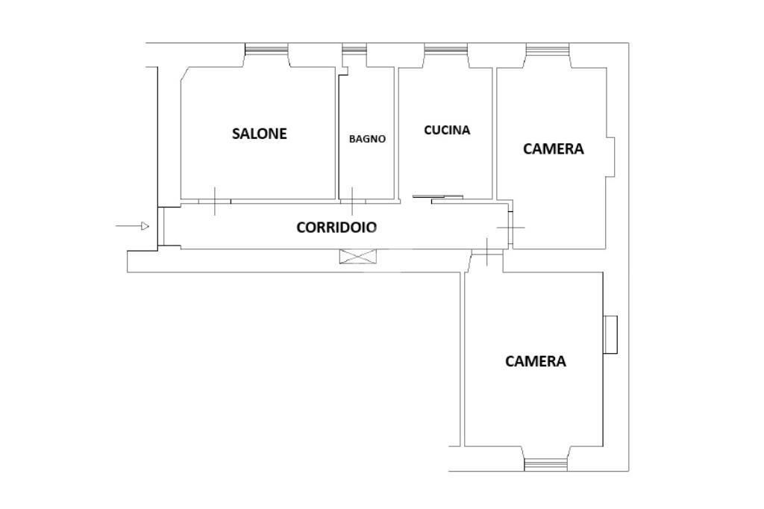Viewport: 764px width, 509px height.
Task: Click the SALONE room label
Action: tap(259, 134)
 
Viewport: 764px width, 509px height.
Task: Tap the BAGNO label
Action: tap(367, 139)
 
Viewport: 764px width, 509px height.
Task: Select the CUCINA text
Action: tap(447, 130)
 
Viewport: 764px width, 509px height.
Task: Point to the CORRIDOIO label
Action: tap(336, 227)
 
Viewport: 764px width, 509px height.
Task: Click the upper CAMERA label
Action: tap(553, 149)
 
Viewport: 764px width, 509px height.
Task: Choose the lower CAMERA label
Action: tap(536, 361)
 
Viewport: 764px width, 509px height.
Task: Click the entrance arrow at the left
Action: tap(132, 226)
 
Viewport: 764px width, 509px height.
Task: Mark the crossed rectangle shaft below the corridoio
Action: tap(358, 257)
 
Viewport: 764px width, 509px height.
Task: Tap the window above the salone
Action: tap(266, 49)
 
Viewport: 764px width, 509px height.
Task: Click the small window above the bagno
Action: tap(354, 49)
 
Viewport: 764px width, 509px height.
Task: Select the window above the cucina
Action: tap(446, 49)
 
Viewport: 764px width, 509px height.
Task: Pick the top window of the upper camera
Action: tap(548, 49)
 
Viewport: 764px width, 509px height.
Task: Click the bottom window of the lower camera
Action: tap(545, 465)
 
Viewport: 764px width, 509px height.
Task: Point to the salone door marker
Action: tap(215, 201)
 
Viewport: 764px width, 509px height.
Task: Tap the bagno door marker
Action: tap(352, 201)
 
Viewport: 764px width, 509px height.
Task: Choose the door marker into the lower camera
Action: tap(486, 252)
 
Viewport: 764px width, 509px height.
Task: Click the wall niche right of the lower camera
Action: tap(610, 334)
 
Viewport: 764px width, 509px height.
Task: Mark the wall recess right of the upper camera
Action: tap(610, 157)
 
